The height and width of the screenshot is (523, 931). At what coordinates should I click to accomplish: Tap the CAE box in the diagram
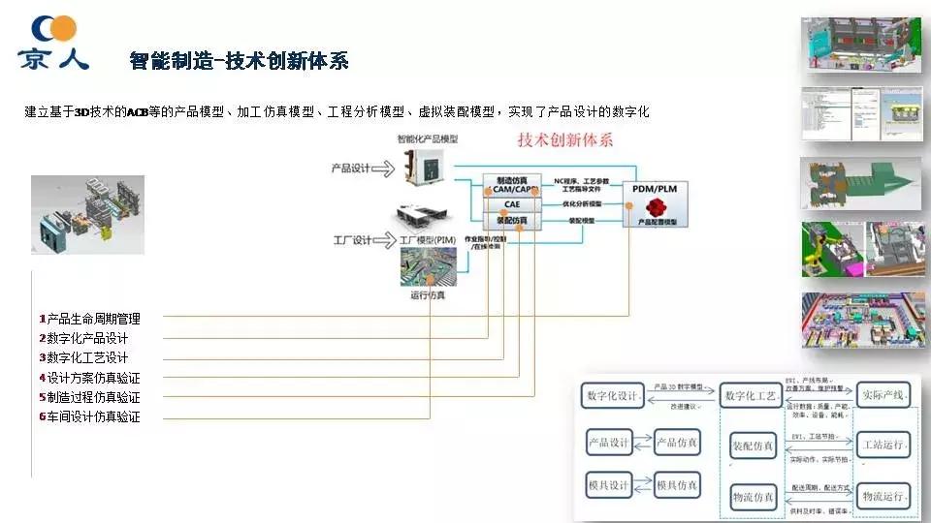click(511, 204)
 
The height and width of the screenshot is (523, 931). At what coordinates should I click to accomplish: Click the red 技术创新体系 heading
click(565, 140)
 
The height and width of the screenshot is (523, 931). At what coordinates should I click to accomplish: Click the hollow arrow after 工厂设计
click(386, 240)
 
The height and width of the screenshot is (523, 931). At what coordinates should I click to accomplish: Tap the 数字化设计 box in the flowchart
click(614, 396)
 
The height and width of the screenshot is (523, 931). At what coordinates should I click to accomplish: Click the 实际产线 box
click(883, 396)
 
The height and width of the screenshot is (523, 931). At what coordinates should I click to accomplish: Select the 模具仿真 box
click(676, 484)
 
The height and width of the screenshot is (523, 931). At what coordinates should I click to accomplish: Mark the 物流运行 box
click(883, 496)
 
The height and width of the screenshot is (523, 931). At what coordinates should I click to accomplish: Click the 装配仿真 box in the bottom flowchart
click(753, 446)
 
